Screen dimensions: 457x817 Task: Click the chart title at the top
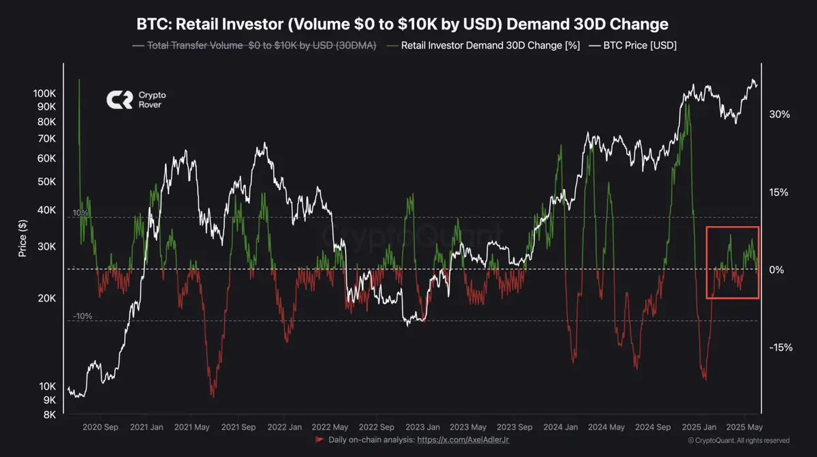pyautogui.click(x=402, y=25)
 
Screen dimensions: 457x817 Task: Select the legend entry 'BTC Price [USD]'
pyautogui.click(x=633, y=46)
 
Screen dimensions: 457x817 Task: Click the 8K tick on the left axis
pyautogui.click(x=48, y=414)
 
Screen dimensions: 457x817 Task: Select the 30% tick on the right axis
pyautogui.click(x=779, y=114)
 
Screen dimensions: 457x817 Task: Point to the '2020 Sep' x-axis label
pyautogui.click(x=100, y=427)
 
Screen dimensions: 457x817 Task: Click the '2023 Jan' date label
pyautogui.click(x=422, y=427)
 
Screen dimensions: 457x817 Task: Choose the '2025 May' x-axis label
pyautogui.click(x=744, y=427)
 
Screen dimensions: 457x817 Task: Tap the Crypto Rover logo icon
pyautogui.click(x=119, y=100)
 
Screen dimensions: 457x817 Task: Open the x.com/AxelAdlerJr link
pyautogui.click(x=463, y=440)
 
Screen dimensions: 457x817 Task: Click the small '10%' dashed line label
pyautogui.click(x=81, y=213)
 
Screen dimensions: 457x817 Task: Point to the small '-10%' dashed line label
pyautogui.click(x=82, y=316)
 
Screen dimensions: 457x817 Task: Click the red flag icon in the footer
pyautogui.click(x=320, y=440)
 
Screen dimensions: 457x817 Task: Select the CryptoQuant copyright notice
pyautogui.click(x=739, y=441)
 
